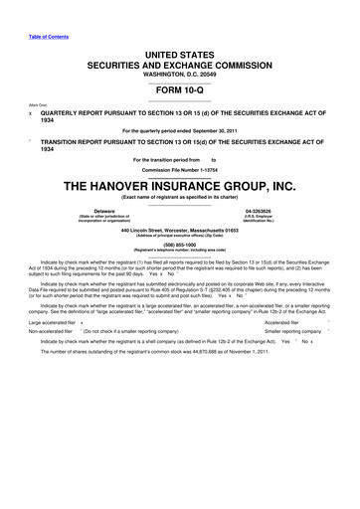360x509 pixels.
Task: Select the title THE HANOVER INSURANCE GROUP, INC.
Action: tap(180, 186)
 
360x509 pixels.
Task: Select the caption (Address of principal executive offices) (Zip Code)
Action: tap(180, 236)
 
